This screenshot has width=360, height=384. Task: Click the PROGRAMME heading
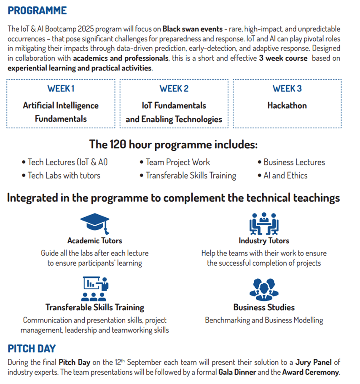click(37, 11)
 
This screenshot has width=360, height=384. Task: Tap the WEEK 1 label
click(61, 88)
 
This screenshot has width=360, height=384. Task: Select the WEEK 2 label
click(174, 88)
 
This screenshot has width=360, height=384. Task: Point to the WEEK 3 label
click(287, 88)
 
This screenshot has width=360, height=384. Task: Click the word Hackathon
click(287, 105)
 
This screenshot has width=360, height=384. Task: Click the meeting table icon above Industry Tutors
click(264, 224)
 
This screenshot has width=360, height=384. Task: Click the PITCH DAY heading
click(32, 349)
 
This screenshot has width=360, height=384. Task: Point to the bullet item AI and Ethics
click(285, 176)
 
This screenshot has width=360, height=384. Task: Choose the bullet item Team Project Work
click(177, 162)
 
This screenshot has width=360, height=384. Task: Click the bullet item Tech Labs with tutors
click(64, 176)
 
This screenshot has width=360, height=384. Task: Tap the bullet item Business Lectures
click(294, 162)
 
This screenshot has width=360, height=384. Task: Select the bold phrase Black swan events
click(192, 29)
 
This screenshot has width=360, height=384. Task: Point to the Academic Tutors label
click(94, 241)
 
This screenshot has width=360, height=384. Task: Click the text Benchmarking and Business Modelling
click(264, 320)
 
